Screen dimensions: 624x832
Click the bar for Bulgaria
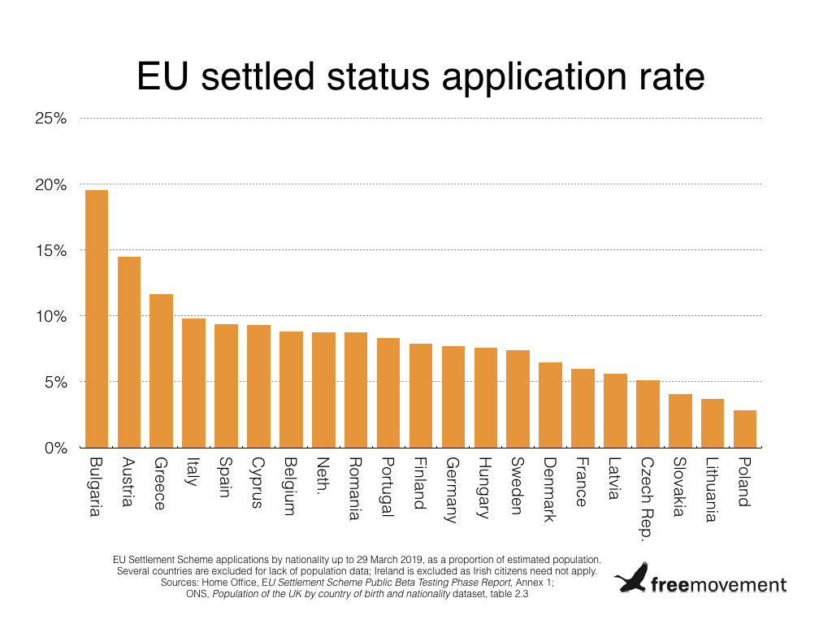(97, 318)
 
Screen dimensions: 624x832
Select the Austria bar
(129, 352)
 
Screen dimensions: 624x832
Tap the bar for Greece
(161, 370)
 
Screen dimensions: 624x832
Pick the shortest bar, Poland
(745, 429)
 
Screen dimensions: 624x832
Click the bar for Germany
(453, 396)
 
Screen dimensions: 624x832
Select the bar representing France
(583, 408)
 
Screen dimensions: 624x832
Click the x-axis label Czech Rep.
(648, 498)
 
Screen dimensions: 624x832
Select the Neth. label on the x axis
(323, 478)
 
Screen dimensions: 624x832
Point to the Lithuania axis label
(712, 490)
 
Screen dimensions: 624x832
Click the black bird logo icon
(631, 578)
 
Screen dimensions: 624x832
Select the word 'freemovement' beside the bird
(718, 584)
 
